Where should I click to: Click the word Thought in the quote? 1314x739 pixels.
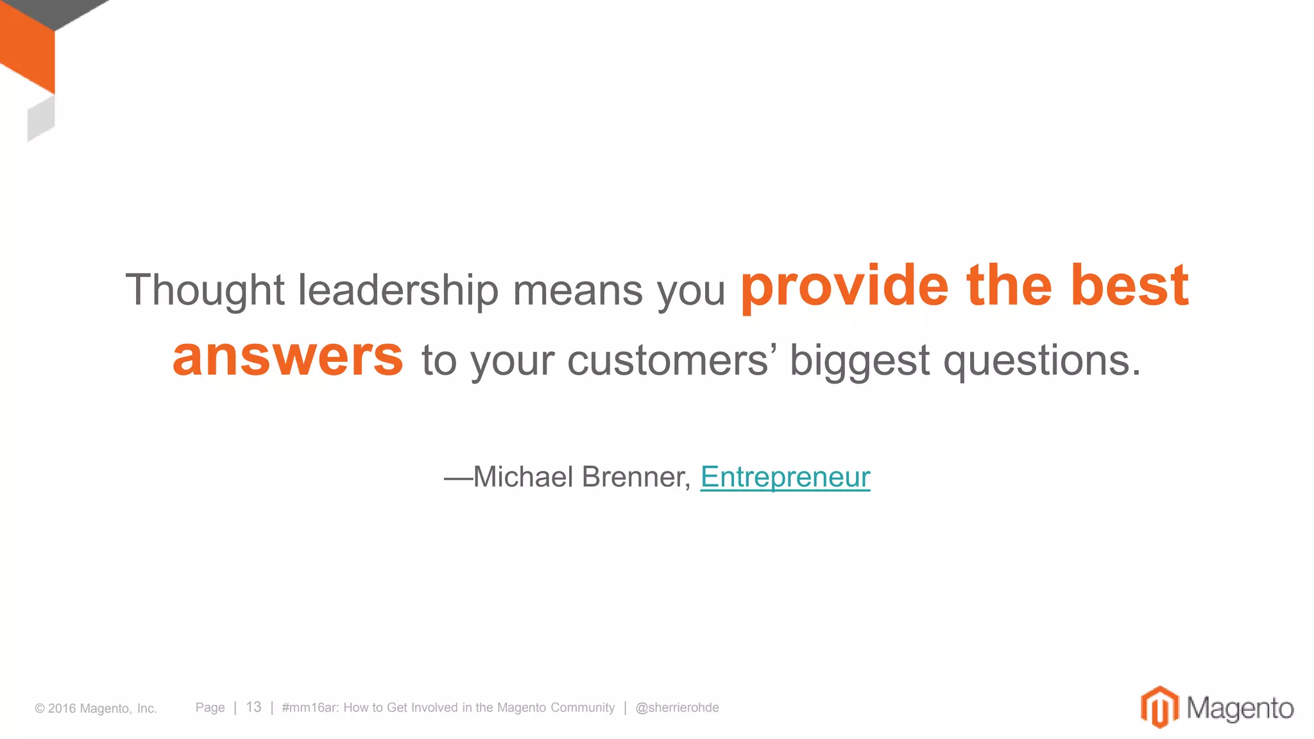205,290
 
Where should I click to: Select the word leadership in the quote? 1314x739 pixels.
398,290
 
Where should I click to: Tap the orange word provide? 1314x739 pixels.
844,287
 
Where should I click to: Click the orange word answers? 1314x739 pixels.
288,357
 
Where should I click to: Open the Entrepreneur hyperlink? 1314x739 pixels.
785,477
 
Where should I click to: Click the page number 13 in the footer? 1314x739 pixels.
253,707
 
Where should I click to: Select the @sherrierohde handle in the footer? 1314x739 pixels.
677,708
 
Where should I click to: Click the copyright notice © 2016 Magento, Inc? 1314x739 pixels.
96,708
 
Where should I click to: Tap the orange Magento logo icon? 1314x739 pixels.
1159,707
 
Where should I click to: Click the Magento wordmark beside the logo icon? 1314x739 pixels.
1240,708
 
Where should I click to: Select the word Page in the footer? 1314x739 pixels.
210,708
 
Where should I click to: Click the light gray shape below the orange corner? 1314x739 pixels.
41,119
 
